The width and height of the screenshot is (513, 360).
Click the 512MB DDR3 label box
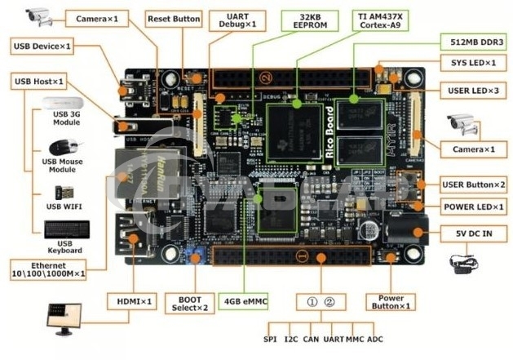tap(471, 42)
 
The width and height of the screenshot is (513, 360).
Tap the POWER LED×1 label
tap(473, 207)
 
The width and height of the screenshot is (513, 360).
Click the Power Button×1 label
tap(390, 300)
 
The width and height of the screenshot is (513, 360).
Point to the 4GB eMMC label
tap(245, 300)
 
